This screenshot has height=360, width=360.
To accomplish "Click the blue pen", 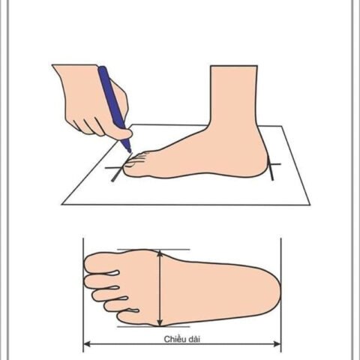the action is pyautogui.click(x=114, y=107).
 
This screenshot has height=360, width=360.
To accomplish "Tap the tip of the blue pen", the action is pyautogui.click(x=130, y=151).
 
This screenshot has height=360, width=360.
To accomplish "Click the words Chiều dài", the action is pyautogui.click(x=182, y=339).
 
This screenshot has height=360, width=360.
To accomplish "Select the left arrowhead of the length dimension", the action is pyautogui.click(x=86, y=344).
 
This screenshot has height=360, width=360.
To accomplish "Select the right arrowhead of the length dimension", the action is pyautogui.click(x=277, y=344).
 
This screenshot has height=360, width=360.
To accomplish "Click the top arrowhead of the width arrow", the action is pyautogui.click(x=160, y=253).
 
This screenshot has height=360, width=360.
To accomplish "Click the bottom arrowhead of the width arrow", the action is pyautogui.click(x=160, y=322).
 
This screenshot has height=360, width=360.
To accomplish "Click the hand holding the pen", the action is pyautogui.click(x=91, y=100).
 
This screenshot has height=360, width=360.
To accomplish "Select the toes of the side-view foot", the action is pyautogui.click(x=135, y=163).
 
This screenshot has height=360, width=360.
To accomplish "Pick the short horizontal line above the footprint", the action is pyautogui.click(x=154, y=250).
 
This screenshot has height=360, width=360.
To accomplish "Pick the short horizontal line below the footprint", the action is pyautogui.click(x=154, y=326).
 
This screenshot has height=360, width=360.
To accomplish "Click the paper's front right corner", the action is pyautogui.click(x=310, y=205).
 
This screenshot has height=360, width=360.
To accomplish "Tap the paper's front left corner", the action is pyautogui.click(x=62, y=204).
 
